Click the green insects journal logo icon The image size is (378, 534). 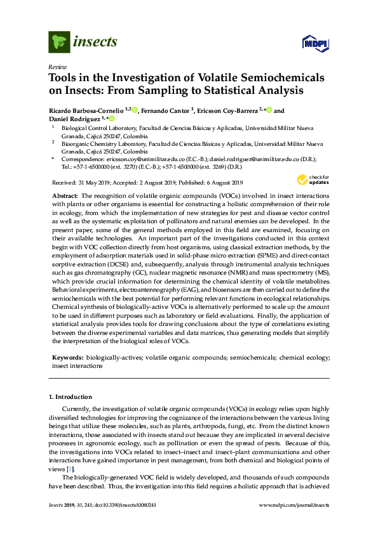tap(59, 42)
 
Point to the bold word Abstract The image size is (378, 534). tap(64, 197)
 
